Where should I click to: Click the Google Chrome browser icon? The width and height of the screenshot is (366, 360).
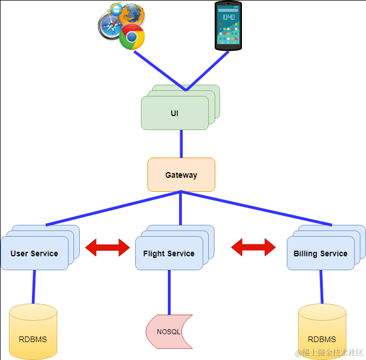point(132,37)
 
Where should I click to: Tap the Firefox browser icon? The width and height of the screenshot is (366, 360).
point(132,15)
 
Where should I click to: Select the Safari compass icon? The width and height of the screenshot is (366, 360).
point(110,26)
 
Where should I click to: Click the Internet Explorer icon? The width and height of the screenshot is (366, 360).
point(116,10)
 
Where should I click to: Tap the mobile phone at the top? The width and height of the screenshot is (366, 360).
point(228,26)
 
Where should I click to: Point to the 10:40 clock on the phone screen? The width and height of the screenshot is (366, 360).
point(228,17)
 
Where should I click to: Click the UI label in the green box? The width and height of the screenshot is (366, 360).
point(175,113)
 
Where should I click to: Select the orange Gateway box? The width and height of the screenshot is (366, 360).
point(181,174)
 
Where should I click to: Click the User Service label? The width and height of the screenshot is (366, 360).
point(34,253)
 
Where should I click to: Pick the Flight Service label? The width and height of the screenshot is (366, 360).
point(169,253)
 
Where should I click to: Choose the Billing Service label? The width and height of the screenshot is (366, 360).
point(321,253)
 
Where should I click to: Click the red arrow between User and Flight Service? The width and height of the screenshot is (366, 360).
point(108,247)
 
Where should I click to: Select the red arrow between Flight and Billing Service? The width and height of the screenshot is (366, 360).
point(254,247)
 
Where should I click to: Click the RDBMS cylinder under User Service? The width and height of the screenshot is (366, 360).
point(33,331)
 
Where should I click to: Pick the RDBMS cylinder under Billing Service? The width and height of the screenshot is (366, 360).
point(322,331)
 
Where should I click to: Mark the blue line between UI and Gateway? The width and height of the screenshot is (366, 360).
point(181,144)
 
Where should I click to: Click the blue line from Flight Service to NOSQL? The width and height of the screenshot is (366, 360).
point(169,292)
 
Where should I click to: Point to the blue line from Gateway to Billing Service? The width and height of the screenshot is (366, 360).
point(257,208)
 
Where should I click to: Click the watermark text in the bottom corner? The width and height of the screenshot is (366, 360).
point(329,353)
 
